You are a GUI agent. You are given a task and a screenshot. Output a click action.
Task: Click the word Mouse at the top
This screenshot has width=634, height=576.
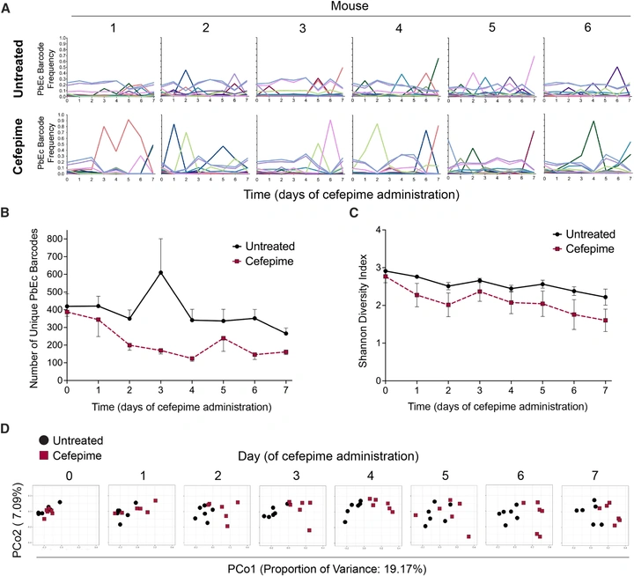point(349,6)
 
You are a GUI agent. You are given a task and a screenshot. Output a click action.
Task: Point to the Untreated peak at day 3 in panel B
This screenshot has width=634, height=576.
point(161,272)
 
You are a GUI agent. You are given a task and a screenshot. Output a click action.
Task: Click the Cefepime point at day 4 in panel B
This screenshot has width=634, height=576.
point(192,358)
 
